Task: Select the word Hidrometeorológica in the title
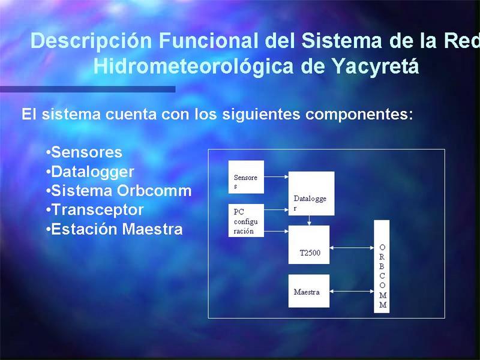pos(193,67)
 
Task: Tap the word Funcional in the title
pos(208,40)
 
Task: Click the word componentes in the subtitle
pos(359,115)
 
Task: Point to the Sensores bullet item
pos(84,152)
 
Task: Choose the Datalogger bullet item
pos(90,172)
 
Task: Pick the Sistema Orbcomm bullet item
pos(119,191)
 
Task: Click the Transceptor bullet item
pos(95,210)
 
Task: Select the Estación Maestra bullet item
pos(114,229)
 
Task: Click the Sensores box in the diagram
pos(246,177)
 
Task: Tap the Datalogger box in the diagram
pos(311,193)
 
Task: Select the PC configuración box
pos(246,220)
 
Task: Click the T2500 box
pos(309,245)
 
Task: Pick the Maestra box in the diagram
pos(309,291)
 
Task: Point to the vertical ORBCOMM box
pos(382,266)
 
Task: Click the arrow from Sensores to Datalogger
pos(276,176)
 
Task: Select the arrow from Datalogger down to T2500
pos(309,220)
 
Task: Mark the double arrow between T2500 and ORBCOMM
pos(352,248)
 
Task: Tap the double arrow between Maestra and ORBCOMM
pos(352,292)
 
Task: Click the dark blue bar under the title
pos(88,89)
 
